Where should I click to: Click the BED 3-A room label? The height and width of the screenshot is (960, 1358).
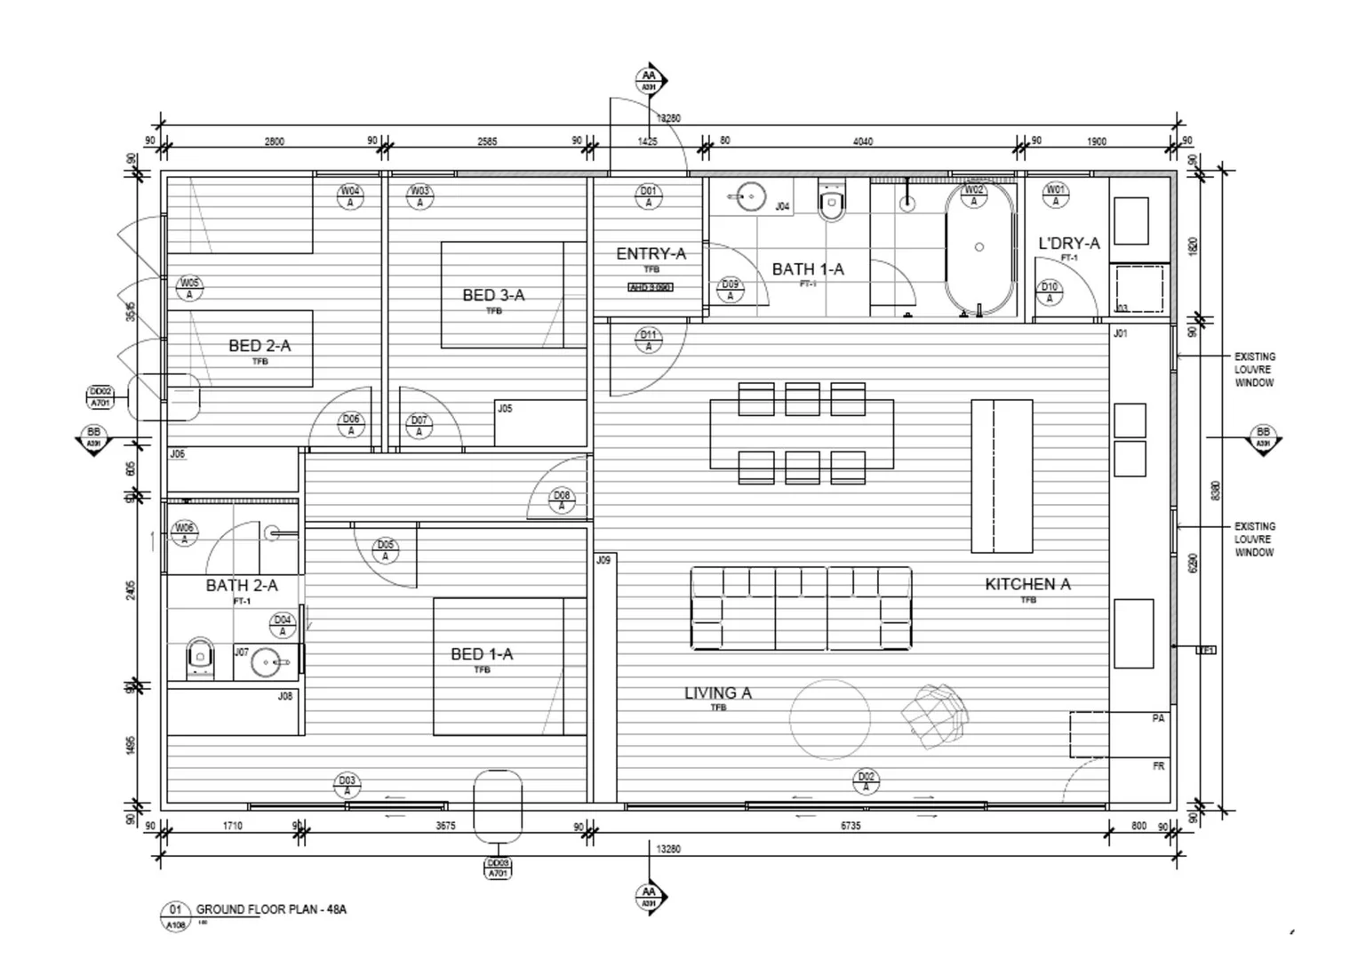(493, 295)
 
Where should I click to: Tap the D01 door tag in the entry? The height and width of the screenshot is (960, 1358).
(649, 196)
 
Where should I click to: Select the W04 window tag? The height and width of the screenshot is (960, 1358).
(350, 196)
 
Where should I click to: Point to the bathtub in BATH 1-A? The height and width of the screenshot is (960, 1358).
(979, 248)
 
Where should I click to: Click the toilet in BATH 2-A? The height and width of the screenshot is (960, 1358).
(201, 659)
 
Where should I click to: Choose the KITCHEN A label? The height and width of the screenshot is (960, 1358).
(1027, 584)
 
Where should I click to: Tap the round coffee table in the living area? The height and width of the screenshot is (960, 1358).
(830, 720)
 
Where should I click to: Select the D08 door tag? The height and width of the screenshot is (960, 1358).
(561, 500)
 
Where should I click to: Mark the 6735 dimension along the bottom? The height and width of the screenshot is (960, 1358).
(851, 826)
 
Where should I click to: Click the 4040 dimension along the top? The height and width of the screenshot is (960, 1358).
(862, 141)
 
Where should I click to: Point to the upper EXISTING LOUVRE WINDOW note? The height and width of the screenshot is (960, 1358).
(1254, 370)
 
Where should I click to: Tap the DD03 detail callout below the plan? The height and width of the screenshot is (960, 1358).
(498, 868)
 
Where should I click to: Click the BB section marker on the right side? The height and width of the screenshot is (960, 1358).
(1262, 438)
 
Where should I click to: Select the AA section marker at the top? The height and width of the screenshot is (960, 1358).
(650, 81)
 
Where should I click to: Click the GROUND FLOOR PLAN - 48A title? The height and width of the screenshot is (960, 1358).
(271, 909)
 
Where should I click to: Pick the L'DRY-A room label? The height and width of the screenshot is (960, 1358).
(1068, 244)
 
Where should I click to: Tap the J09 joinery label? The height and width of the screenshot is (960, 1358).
(603, 560)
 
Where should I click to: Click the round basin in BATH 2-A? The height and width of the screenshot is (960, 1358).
(267, 662)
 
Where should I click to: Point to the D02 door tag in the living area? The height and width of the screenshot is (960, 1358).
(866, 781)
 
